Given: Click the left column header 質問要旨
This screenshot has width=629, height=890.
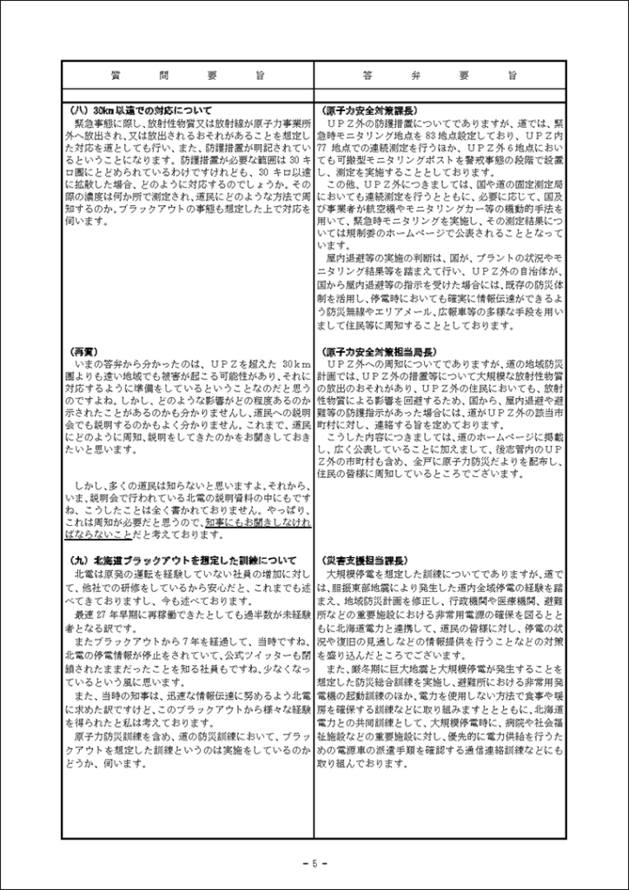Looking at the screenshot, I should point(187,76).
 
